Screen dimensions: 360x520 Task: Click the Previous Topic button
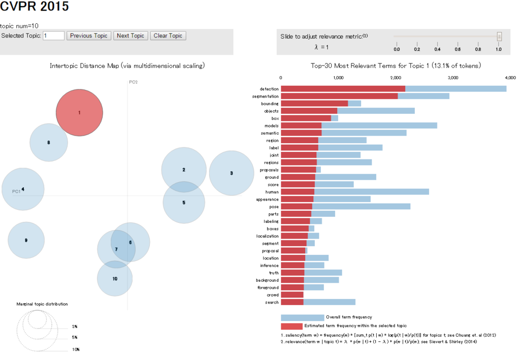pyautogui.click(x=88, y=36)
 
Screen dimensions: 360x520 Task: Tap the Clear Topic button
pyautogui.click(x=168, y=36)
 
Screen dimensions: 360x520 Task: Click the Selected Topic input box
pyautogui.click(x=54, y=36)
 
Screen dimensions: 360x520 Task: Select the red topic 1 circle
pyautogui.click(x=79, y=113)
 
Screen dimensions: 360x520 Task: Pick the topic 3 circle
pyautogui.click(x=232, y=173)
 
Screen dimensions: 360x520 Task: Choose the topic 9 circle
pyautogui.click(x=26, y=240)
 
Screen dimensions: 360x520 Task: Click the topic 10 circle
pyautogui.click(x=115, y=278)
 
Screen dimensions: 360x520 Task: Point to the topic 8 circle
pyautogui.click(x=49, y=143)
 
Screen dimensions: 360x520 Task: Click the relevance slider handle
pyautogui.click(x=499, y=37)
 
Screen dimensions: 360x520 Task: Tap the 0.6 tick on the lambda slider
pyautogui.click(x=458, y=49)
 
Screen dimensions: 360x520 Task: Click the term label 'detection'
pyautogui.click(x=269, y=89)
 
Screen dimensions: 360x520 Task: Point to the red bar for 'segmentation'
pyautogui.click(x=339, y=96)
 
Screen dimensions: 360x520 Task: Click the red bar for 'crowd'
pyautogui.click(x=292, y=294)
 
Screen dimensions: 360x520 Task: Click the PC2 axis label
pyautogui.click(x=133, y=82)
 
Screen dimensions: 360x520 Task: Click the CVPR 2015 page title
pyautogui.click(x=35, y=7)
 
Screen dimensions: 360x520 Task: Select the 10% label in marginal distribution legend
pyautogui.click(x=76, y=350)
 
